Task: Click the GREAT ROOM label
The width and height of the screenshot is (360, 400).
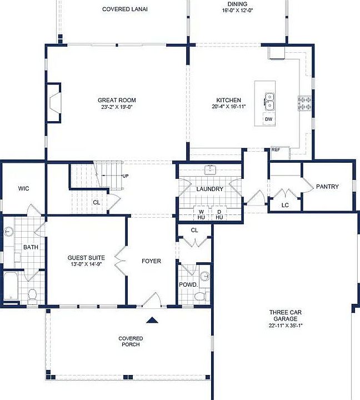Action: [116, 101]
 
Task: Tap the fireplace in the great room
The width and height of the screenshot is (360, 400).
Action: [54, 103]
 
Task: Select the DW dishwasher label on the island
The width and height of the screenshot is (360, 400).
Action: [268, 119]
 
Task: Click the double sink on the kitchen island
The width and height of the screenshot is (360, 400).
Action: [269, 102]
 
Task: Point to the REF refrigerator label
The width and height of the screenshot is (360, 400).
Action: [276, 149]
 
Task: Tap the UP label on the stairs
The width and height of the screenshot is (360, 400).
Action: [125, 176]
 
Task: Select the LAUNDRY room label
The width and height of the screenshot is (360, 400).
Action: [210, 189]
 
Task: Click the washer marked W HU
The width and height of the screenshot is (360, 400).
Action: [201, 214]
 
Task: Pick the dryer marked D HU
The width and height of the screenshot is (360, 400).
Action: [219, 214]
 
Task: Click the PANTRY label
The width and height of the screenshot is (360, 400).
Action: [327, 187]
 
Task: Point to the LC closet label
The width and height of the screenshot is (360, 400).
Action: [286, 204]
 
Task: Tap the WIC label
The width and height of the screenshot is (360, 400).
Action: [23, 188]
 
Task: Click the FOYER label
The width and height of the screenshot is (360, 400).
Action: [151, 261]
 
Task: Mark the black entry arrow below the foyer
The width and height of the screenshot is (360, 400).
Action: [152, 320]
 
